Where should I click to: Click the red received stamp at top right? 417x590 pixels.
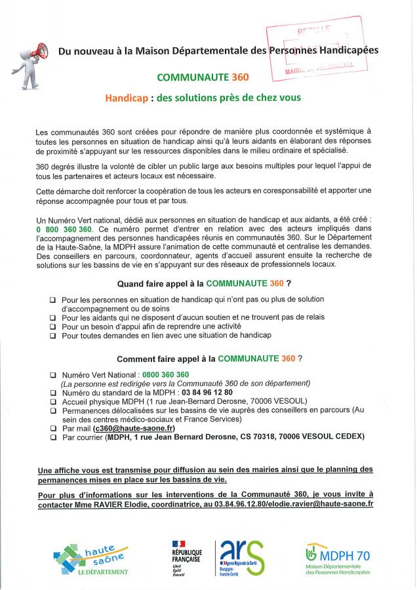point(315,50)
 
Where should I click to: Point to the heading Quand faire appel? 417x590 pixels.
point(204,284)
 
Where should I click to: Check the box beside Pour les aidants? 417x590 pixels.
point(52,317)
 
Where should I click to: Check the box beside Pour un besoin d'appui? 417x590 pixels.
point(52,326)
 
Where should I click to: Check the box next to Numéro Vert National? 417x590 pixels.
point(52,374)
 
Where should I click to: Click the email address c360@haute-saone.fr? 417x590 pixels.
point(129,427)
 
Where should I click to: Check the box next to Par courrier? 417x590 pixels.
point(52,437)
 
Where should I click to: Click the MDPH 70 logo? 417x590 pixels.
point(337,559)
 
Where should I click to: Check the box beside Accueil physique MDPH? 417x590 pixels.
point(52,401)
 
